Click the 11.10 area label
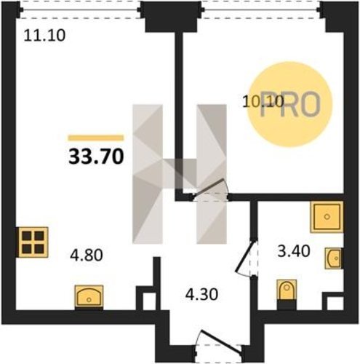click(x=44, y=36)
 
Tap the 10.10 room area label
click(x=263, y=101)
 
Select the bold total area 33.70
click(x=96, y=157)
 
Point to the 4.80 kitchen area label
click(x=87, y=255)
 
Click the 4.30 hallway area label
click(x=201, y=294)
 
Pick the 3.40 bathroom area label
click(x=294, y=251)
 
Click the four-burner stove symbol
click(x=33, y=242)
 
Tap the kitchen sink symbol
click(x=89, y=296)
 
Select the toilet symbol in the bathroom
click(x=287, y=294)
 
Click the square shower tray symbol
click(x=327, y=217)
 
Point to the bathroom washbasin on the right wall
click(x=334, y=258)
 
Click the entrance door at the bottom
click(x=219, y=343)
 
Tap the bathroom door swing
click(x=247, y=258)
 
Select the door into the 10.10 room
click(x=210, y=190)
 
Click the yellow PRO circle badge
click(x=289, y=105)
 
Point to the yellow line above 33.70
click(x=96, y=138)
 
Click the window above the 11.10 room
click(x=80, y=10)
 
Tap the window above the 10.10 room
click(x=261, y=10)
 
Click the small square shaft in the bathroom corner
click(x=335, y=302)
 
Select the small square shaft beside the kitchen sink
click(x=148, y=300)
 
